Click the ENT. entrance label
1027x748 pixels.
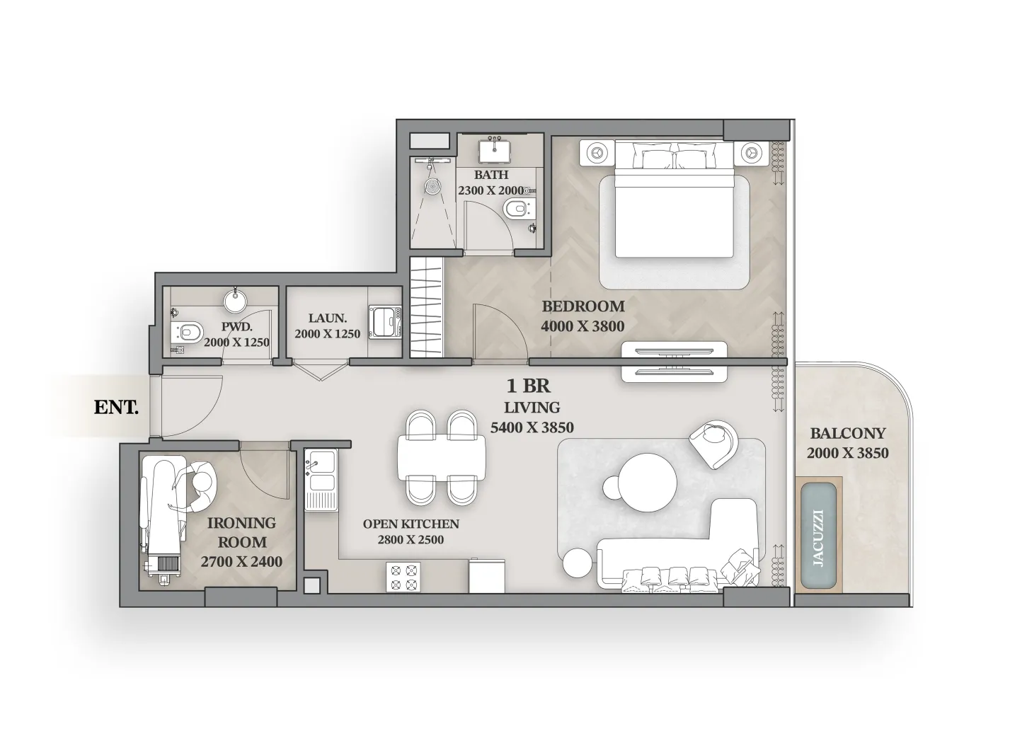[116, 408]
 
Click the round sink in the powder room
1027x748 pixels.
[235, 301]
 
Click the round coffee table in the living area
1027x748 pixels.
[648, 483]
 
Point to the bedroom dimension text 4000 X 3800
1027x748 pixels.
[583, 326]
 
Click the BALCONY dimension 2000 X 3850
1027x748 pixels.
[847, 453]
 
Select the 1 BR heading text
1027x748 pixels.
[528, 386]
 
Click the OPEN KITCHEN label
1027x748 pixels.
[411, 524]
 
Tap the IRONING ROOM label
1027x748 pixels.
[241, 532]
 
